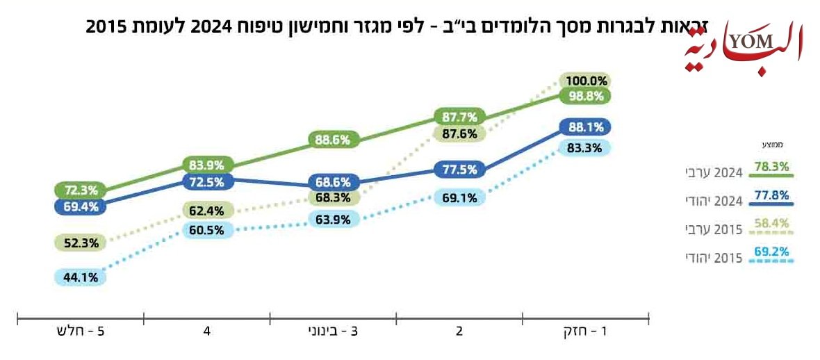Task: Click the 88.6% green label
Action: (x=332, y=140)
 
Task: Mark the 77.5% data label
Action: (x=459, y=169)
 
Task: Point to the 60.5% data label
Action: (x=206, y=230)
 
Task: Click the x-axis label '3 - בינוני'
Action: (x=332, y=332)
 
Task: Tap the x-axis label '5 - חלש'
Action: (x=80, y=332)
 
